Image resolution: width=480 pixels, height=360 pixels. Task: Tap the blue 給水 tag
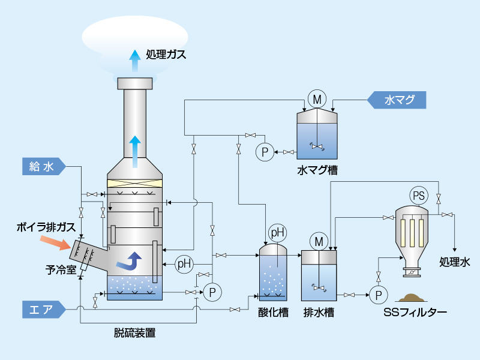tap(43, 167)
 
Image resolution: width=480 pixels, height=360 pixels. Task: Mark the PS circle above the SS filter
tap(418, 195)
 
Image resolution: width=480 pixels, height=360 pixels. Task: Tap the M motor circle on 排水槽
tap(319, 241)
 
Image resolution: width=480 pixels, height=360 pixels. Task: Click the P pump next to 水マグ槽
tap(264, 152)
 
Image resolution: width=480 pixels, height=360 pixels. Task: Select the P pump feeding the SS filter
tap(377, 295)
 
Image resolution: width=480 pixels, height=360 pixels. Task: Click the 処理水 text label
tap(454, 262)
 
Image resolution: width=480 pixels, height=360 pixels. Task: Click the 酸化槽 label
tap(273, 312)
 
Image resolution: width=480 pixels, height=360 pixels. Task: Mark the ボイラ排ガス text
tap(46, 227)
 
